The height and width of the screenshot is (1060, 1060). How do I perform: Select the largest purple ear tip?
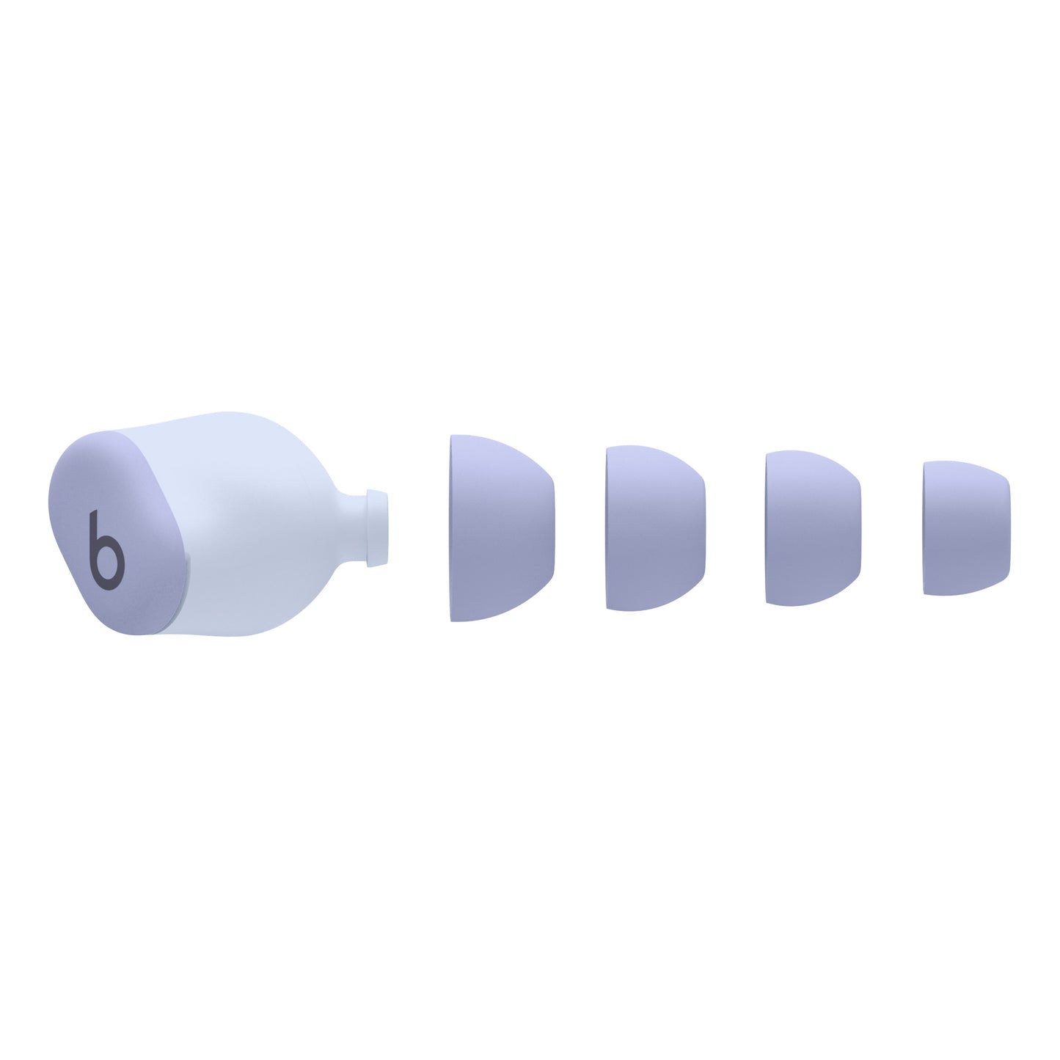499,528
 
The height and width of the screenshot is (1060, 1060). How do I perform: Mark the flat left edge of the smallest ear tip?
926,528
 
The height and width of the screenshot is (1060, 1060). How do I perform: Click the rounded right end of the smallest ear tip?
1007,528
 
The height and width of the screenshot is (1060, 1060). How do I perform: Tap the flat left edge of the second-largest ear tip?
609,528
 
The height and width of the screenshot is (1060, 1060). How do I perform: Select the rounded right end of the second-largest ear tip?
702,528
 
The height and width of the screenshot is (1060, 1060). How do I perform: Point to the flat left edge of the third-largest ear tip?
768,528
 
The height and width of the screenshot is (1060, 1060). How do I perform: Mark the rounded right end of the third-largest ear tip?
858,528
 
